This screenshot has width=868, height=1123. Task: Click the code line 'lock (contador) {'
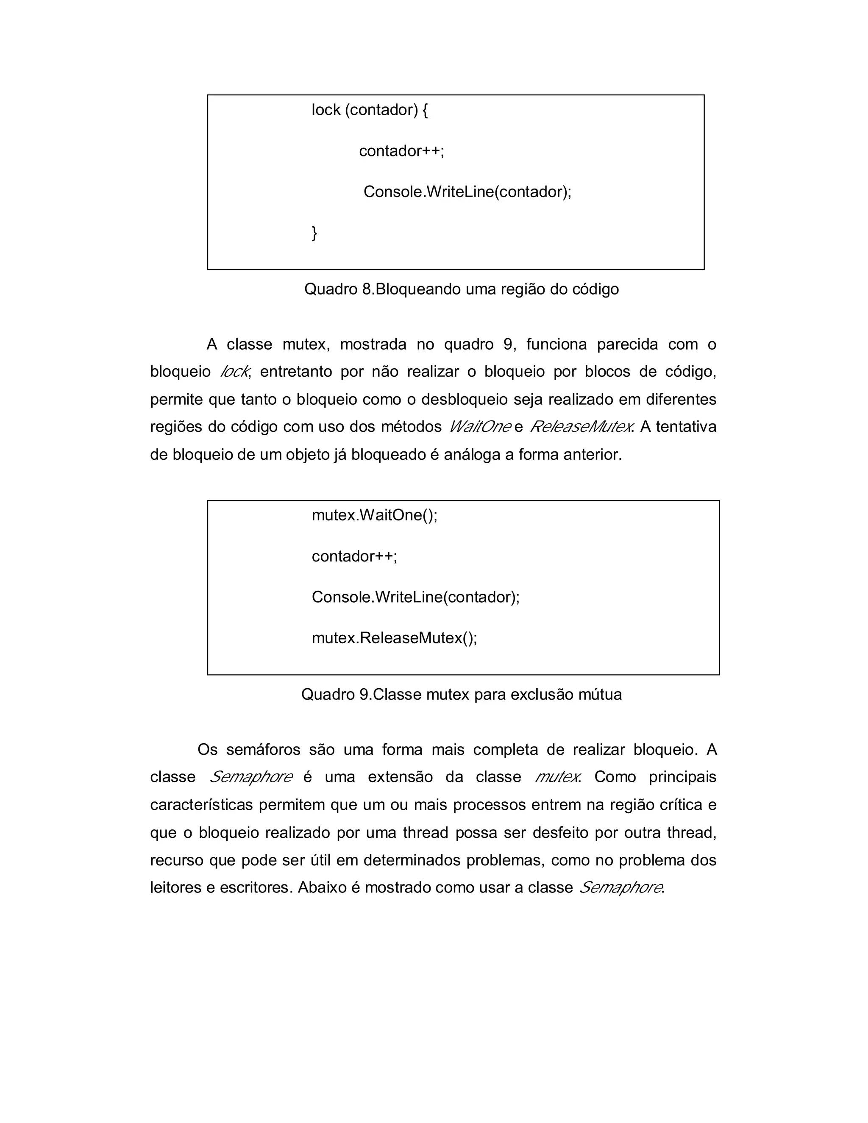[x=369, y=109]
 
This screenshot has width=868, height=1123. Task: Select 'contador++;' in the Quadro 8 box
[x=401, y=151]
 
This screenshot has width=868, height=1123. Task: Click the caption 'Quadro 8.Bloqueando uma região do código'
[x=461, y=289]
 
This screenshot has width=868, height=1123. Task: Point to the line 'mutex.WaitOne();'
[x=374, y=515]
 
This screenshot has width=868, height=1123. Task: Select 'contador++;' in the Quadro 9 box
[x=354, y=556]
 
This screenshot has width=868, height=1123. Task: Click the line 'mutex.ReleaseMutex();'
[x=395, y=638]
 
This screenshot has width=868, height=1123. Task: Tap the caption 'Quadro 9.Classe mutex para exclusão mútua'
[x=461, y=694]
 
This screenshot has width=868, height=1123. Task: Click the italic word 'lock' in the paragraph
[x=234, y=371]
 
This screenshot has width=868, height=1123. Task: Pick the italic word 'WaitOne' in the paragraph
[x=480, y=427]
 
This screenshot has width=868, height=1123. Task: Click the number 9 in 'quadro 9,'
[x=508, y=344]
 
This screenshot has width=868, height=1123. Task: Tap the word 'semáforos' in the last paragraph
[x=263, y=749]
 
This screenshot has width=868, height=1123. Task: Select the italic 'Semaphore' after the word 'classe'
[x=251, y=777]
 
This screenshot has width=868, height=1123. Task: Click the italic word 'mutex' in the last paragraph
[x=557, y=777]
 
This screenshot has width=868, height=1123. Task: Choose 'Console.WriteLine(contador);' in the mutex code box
[x=415, y=597]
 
